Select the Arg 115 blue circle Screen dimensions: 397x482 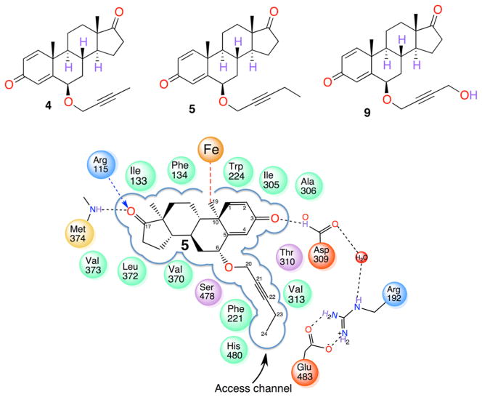coord(102,166)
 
